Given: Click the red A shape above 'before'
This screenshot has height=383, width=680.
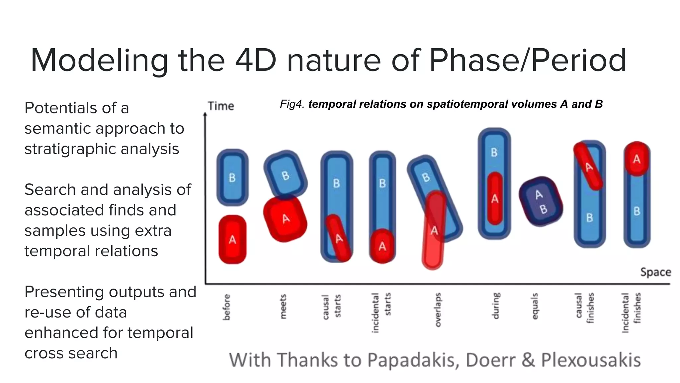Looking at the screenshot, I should [x=232, y=240].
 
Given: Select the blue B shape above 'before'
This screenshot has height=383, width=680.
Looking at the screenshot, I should [x=232, y=178].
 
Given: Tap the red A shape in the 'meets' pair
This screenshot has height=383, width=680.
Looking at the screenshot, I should [x=285, y=219].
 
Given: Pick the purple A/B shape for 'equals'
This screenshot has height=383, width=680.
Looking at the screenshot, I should [x=541, y=201].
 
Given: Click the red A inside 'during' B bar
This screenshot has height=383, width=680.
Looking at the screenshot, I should [x=495, y=198].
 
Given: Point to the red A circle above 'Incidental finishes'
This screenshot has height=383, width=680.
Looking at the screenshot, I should [x=636, y=159].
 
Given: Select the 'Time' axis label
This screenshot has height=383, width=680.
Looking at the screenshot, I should [x=221, y=106].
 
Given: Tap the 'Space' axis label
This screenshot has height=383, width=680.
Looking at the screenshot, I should [x=655, y=272].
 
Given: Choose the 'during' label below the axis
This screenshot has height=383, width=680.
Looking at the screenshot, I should [x=495, y=306].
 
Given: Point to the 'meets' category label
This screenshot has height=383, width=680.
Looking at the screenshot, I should [x=283, y=307].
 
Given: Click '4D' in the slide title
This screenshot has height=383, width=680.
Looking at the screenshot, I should [x=256, y=61].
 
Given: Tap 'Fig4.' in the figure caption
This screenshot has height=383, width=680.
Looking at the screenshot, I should [x=292, y=104].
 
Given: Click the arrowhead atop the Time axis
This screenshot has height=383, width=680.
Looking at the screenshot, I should [x=205, y=114].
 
